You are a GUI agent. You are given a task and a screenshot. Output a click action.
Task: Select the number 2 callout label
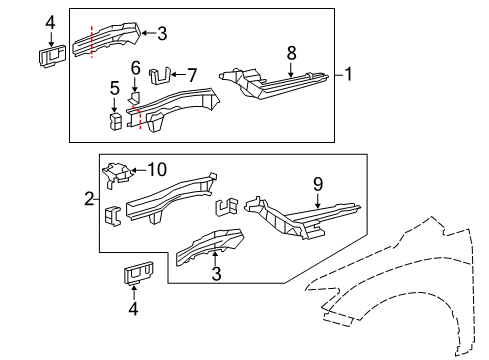(89, 199)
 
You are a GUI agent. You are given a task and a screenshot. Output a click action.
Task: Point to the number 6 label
(136, 68)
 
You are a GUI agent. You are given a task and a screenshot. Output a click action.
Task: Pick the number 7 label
(193, 73)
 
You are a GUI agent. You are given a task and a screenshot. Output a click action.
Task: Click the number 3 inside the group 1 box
(162, 33)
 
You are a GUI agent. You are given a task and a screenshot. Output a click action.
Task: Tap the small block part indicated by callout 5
(115, 121)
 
